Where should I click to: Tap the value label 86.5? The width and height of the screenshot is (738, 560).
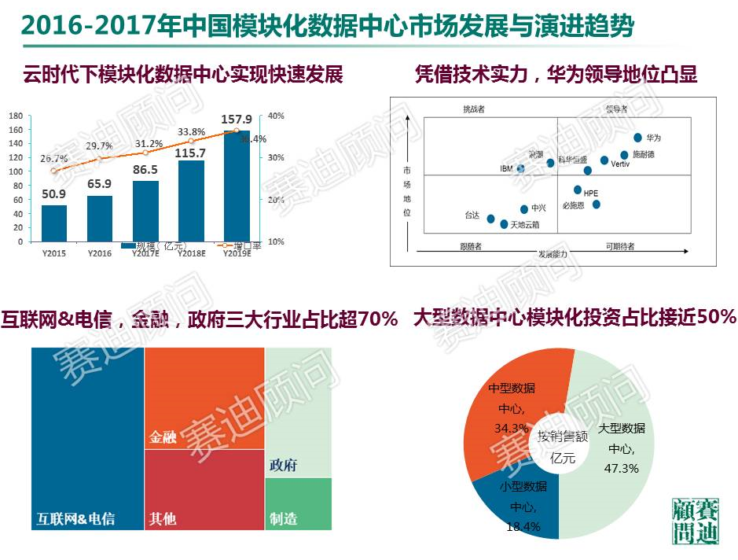(145, 170)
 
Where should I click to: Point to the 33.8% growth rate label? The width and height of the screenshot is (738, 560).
(192, 132)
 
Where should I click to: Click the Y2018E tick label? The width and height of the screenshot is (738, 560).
(191, 253)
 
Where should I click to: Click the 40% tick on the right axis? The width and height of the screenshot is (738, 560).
(276, 116)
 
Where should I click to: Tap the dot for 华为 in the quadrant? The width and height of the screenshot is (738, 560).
(638, 138)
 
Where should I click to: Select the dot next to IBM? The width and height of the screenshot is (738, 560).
(520, 168)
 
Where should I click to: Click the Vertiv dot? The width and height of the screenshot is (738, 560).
(604, 160)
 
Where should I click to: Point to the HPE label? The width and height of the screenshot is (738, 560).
(590, 192)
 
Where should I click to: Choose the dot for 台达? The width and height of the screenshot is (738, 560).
(491, 219)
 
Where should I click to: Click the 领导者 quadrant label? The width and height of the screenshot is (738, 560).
(617, 109)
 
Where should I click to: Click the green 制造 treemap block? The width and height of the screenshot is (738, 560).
(298, 503)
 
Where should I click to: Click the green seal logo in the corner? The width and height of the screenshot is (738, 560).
(695, 521)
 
